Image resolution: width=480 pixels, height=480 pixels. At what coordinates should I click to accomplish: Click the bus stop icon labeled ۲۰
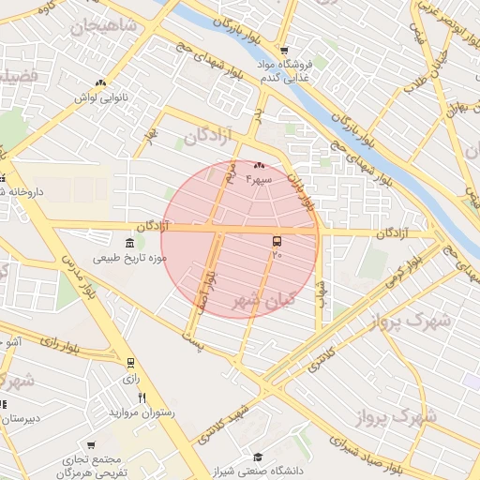(276, 241)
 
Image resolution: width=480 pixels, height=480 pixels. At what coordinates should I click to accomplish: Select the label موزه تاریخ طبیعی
(130, 257)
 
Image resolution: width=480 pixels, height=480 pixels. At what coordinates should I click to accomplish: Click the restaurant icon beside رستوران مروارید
(142, 398)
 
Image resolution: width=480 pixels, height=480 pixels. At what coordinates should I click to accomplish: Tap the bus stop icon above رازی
(130, 363)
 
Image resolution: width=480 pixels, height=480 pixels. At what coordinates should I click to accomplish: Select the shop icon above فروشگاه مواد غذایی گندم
(284, 51)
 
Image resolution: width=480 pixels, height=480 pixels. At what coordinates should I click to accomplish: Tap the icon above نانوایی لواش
(100, 83)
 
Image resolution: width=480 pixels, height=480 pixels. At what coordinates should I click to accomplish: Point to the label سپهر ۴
(259, 178)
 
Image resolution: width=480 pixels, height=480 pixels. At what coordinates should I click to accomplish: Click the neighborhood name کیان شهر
(263, 301)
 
